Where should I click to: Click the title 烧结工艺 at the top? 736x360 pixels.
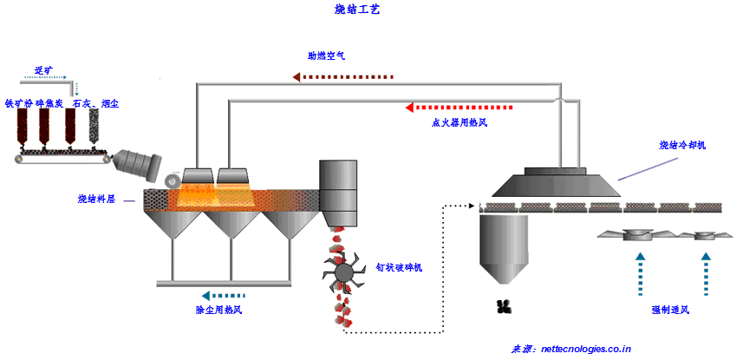(x=356, y=10)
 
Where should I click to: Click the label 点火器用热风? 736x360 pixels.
(x=459, y=122)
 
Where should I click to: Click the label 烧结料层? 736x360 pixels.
(x=96, y=199)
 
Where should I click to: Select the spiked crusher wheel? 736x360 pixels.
(x=343, y=272)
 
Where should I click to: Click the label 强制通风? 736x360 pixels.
(x=671, y=310)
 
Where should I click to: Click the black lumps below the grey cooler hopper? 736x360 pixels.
(x=503, y=305)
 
